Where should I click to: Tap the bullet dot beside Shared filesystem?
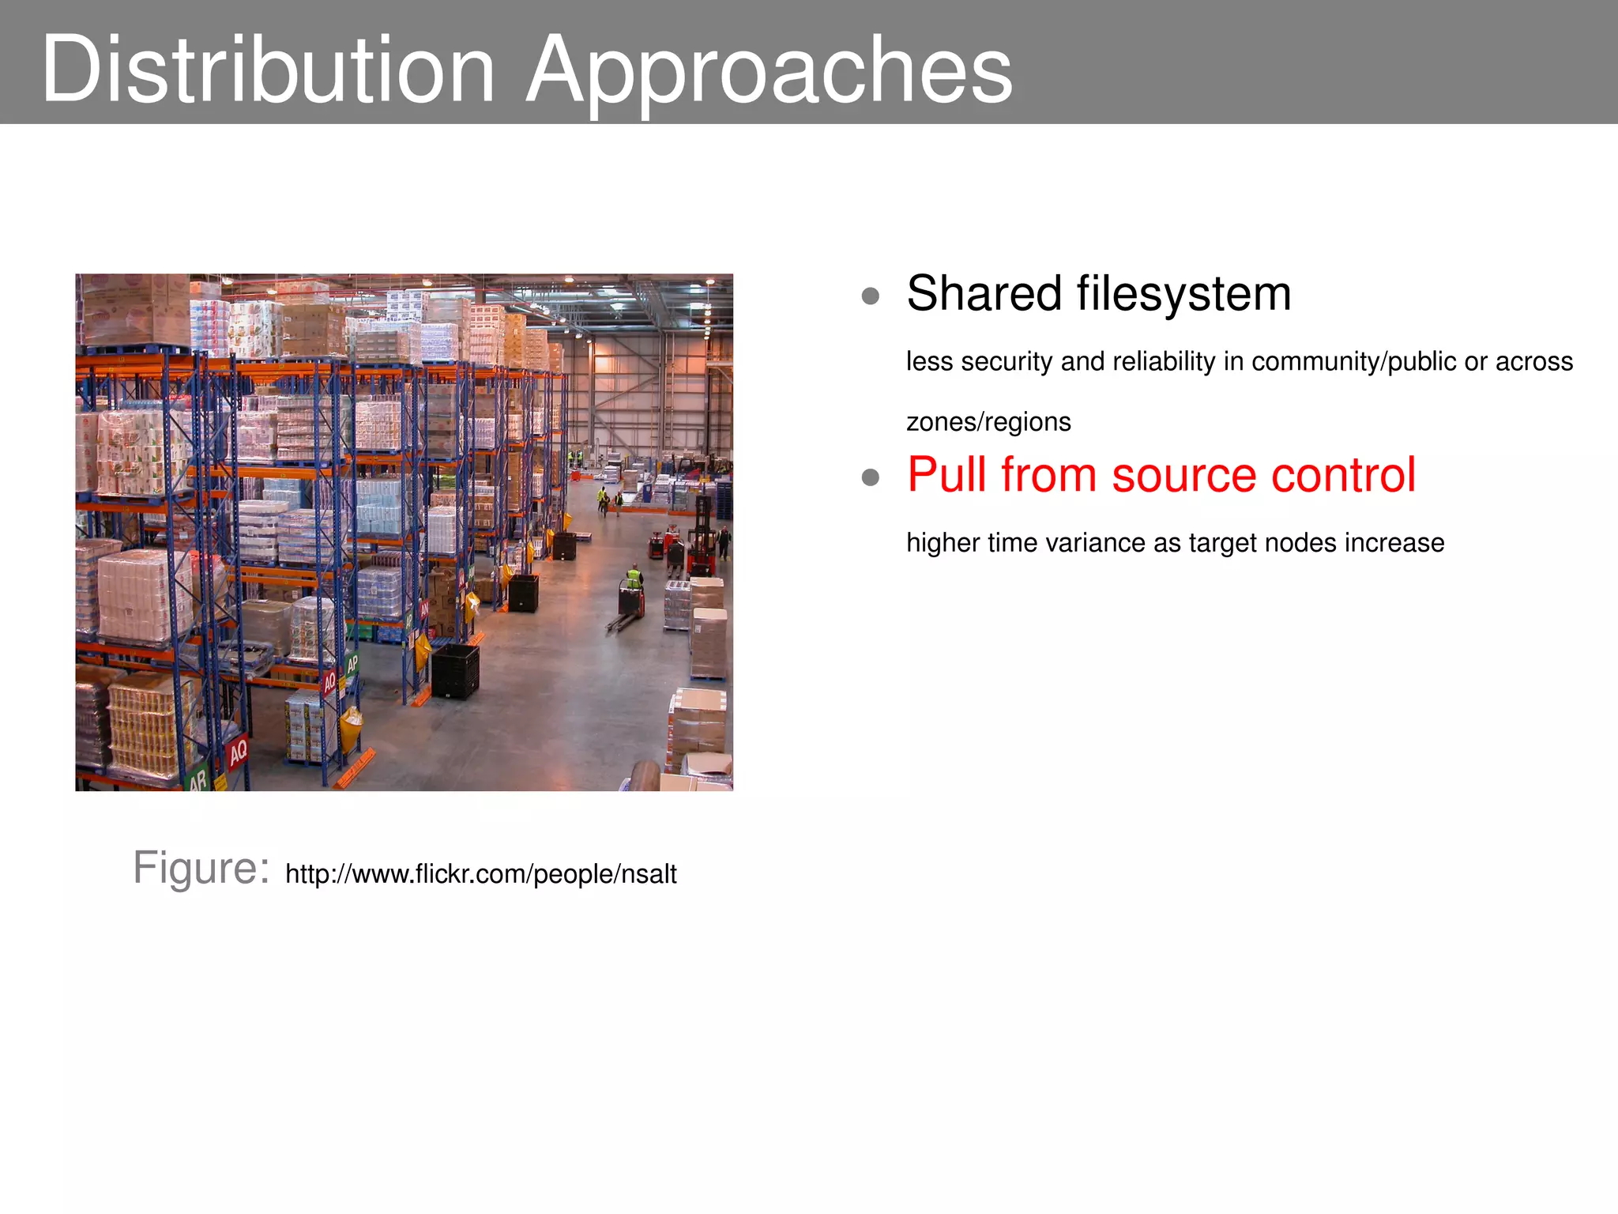pyautogui.click(x=871, y=296)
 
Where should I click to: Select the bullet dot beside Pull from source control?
pyautogui.click(x=871, y=477)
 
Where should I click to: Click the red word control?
pyautogui.click(x=1343, y=475)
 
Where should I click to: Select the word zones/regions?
pyautogui.click(x=988, y=422)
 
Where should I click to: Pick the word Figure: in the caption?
pyautogui.click(x=201, y=868)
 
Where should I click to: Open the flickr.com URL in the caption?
pyautogui.click(x=480, y=874)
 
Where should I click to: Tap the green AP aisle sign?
pyautogui.click(x=352, y=664)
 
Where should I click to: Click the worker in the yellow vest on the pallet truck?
pyautogui.click(x=634, y=579)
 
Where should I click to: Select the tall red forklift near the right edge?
pyautogui.click(x=701, y=537)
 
